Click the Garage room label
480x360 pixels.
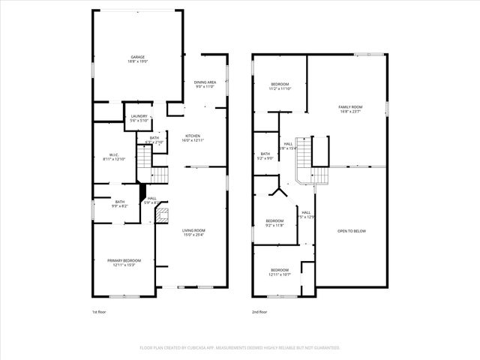pos(138,57)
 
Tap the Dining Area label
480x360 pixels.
pos(205,82)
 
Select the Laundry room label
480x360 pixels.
pos(139,115)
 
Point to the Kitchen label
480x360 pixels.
pos(193,136)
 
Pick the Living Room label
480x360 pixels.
pos(194,230)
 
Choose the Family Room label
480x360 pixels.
pos(350,107)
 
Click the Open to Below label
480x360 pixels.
pos(351,230)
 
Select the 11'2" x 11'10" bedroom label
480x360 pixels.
pos(280,82)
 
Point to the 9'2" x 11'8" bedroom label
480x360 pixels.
pos(274,220)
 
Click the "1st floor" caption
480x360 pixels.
pos(100,310)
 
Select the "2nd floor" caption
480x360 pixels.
pos(260,310)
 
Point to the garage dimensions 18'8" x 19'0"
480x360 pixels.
pos(138,62)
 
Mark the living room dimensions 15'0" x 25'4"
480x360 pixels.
pos(194,235)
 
